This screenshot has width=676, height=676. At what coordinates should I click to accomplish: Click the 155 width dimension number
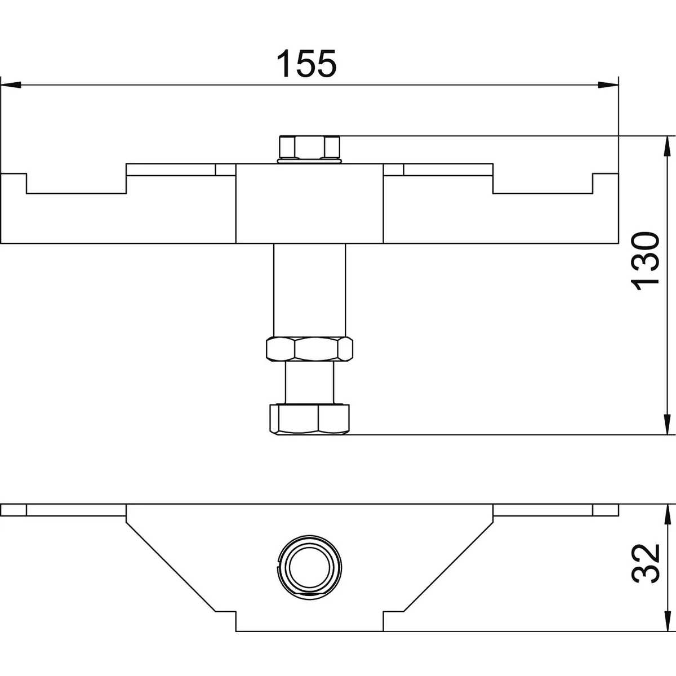point(306,64)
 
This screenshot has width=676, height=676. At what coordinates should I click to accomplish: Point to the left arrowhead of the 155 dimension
point(11,85)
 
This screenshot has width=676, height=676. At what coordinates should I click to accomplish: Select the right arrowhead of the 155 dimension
point(608,85)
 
